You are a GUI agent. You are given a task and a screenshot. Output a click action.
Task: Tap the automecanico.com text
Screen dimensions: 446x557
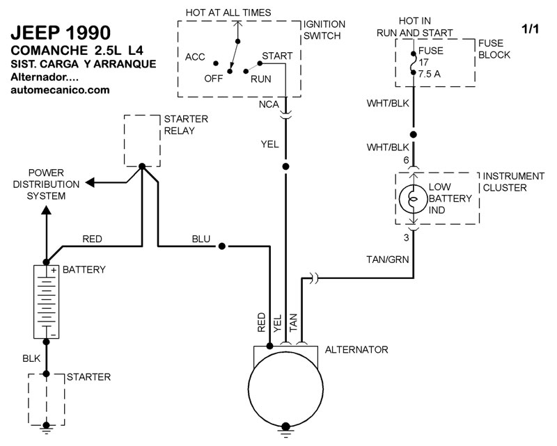pyautogui.click(x=60, y=90)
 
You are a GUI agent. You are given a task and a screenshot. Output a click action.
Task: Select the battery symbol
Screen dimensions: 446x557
pyautogui.click(x=46, y=301)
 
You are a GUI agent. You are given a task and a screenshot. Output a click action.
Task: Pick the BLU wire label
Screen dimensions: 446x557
pyautogui.click(x=201, y=239)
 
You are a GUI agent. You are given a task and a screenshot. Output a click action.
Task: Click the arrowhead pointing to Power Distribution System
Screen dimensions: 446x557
pyautogui.click(x=91, y=183)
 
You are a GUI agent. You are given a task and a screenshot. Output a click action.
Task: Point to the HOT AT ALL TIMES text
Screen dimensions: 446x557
pyautogui.click(x=228, y=13)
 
